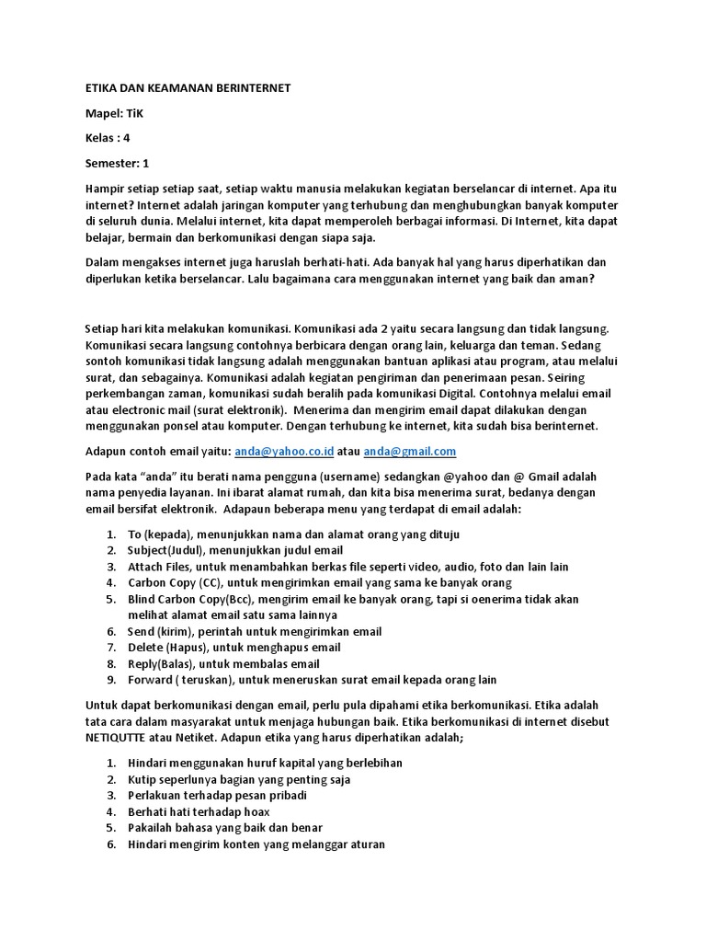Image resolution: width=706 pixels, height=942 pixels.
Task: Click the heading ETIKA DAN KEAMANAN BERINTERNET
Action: point(188,88)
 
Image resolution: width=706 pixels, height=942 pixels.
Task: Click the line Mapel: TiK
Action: point(115,113)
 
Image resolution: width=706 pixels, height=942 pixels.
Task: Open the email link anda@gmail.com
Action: point(410,452)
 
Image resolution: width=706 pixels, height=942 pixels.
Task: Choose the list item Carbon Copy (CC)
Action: point(320,582)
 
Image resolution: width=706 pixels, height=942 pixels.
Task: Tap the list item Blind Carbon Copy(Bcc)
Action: point(353,599)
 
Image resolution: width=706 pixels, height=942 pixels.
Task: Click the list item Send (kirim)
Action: point(255,631)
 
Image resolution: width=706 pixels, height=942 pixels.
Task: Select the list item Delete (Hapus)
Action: point(234,648)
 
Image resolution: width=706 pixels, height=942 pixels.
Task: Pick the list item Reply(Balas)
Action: point(223,663)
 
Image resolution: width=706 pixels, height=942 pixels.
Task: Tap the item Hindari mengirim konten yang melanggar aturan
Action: point(256,844)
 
